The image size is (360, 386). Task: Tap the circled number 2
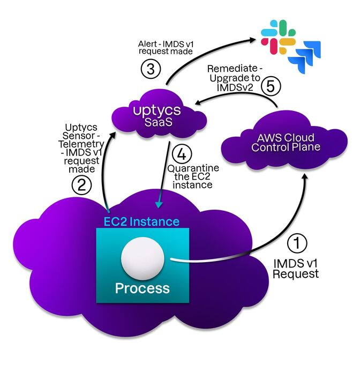pyautogui.click(x=81, y=185)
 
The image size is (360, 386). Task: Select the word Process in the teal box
pyautogui.click(x=142, y=288)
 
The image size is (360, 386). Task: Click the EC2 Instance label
pyautogui.click(x=141, y=221)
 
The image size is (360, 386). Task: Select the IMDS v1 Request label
pyautogui.click(x=296, y=268)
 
